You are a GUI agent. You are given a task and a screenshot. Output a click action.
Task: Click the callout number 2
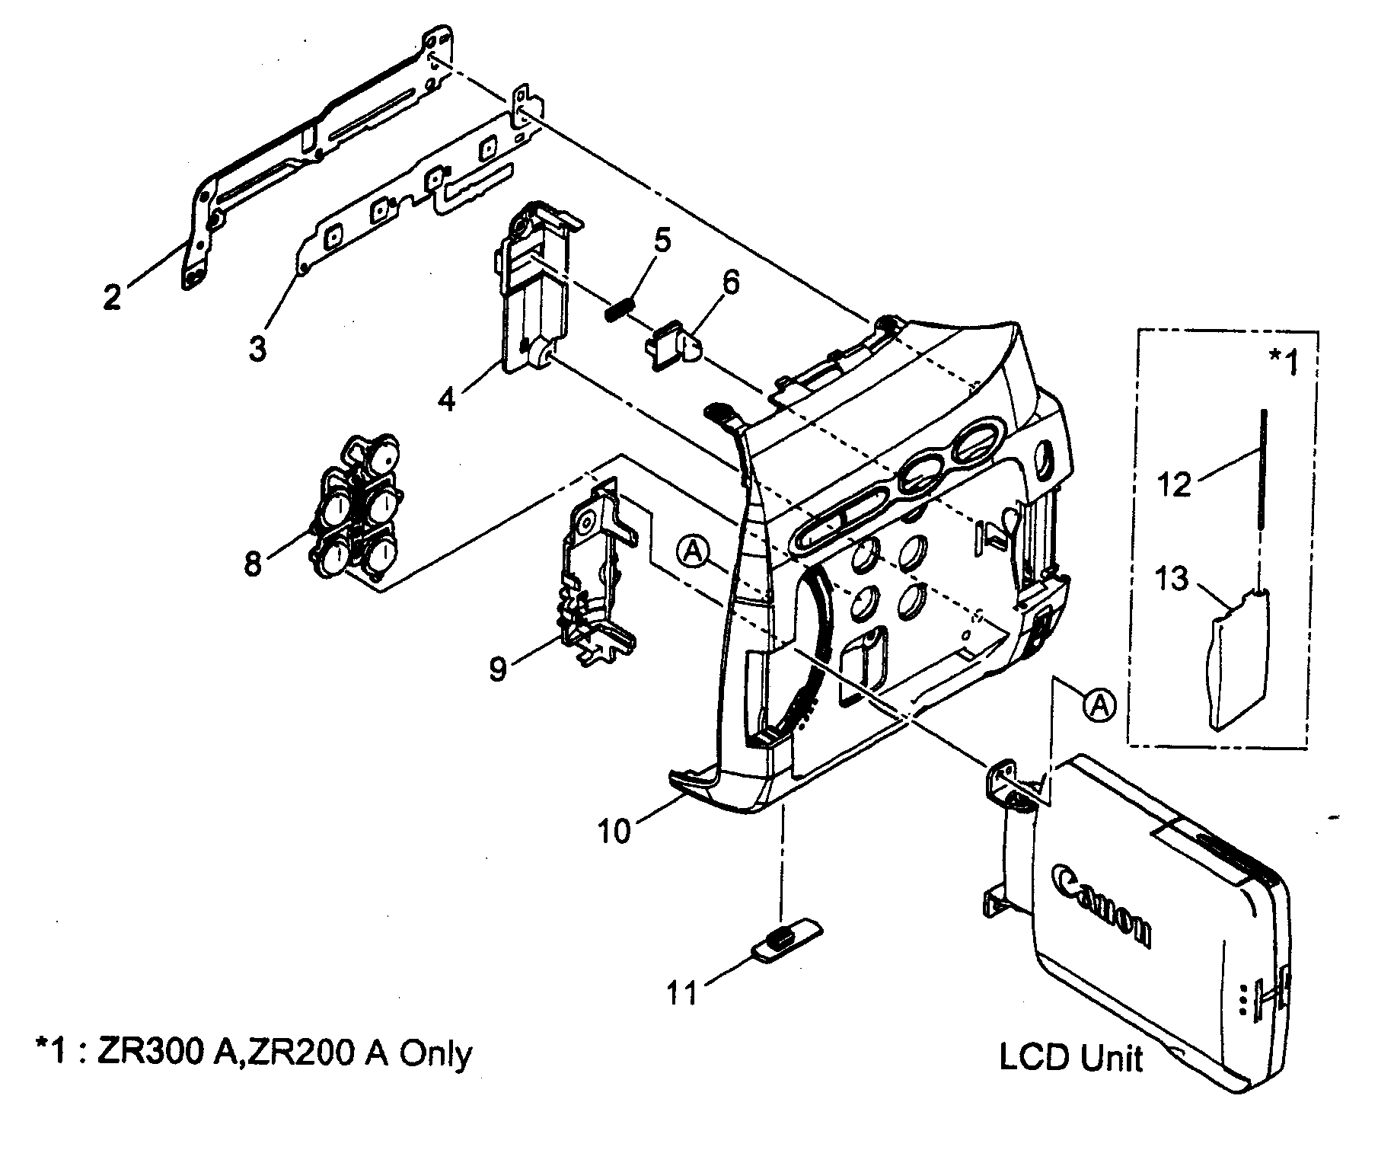coord(112,296)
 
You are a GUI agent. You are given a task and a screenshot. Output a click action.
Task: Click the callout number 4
coord(448,398)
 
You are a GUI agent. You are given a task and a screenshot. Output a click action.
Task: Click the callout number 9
coord(497,669)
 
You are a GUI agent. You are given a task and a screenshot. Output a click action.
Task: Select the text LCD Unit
coord(1070,1059)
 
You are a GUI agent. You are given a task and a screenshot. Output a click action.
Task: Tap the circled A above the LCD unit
coord(1099,704)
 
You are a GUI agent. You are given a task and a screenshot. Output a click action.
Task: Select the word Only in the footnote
coord(436,1054)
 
